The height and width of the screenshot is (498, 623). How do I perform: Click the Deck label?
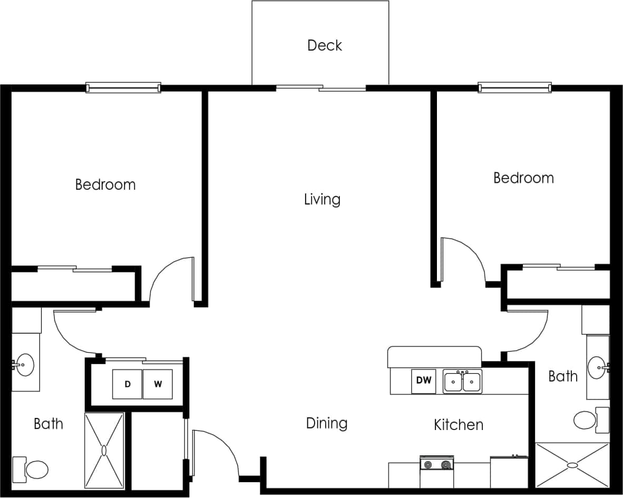coord(325,45)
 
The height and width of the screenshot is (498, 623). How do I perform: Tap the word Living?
coord(322,199)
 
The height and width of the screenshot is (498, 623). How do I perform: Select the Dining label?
coord(326,423)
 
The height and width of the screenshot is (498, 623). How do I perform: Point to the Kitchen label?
coord(458,425)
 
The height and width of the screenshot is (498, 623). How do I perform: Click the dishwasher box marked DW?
coord(424,381)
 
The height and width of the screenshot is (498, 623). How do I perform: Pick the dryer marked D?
coord(127,384)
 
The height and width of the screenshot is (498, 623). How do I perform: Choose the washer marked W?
coord(158,384)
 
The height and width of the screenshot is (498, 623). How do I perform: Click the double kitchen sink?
coord(462,382)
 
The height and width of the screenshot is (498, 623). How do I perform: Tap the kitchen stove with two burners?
coord(437,464)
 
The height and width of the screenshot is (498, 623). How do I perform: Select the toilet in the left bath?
coord(35,469)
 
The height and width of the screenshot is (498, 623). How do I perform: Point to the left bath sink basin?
coord(24,364)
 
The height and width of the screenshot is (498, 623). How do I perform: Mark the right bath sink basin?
coord(597,364)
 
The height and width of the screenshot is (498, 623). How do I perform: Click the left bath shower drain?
coord(104,451)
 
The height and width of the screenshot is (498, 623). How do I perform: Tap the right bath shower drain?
coord(572,465)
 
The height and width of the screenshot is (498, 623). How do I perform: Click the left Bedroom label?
coord(105,185)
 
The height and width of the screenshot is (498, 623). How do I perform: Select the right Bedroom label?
coord(523,178)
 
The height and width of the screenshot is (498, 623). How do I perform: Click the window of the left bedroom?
coord(123,87)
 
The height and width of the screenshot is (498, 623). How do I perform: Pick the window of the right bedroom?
coord(514,87)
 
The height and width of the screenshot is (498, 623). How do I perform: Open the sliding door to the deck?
coord(321,88)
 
